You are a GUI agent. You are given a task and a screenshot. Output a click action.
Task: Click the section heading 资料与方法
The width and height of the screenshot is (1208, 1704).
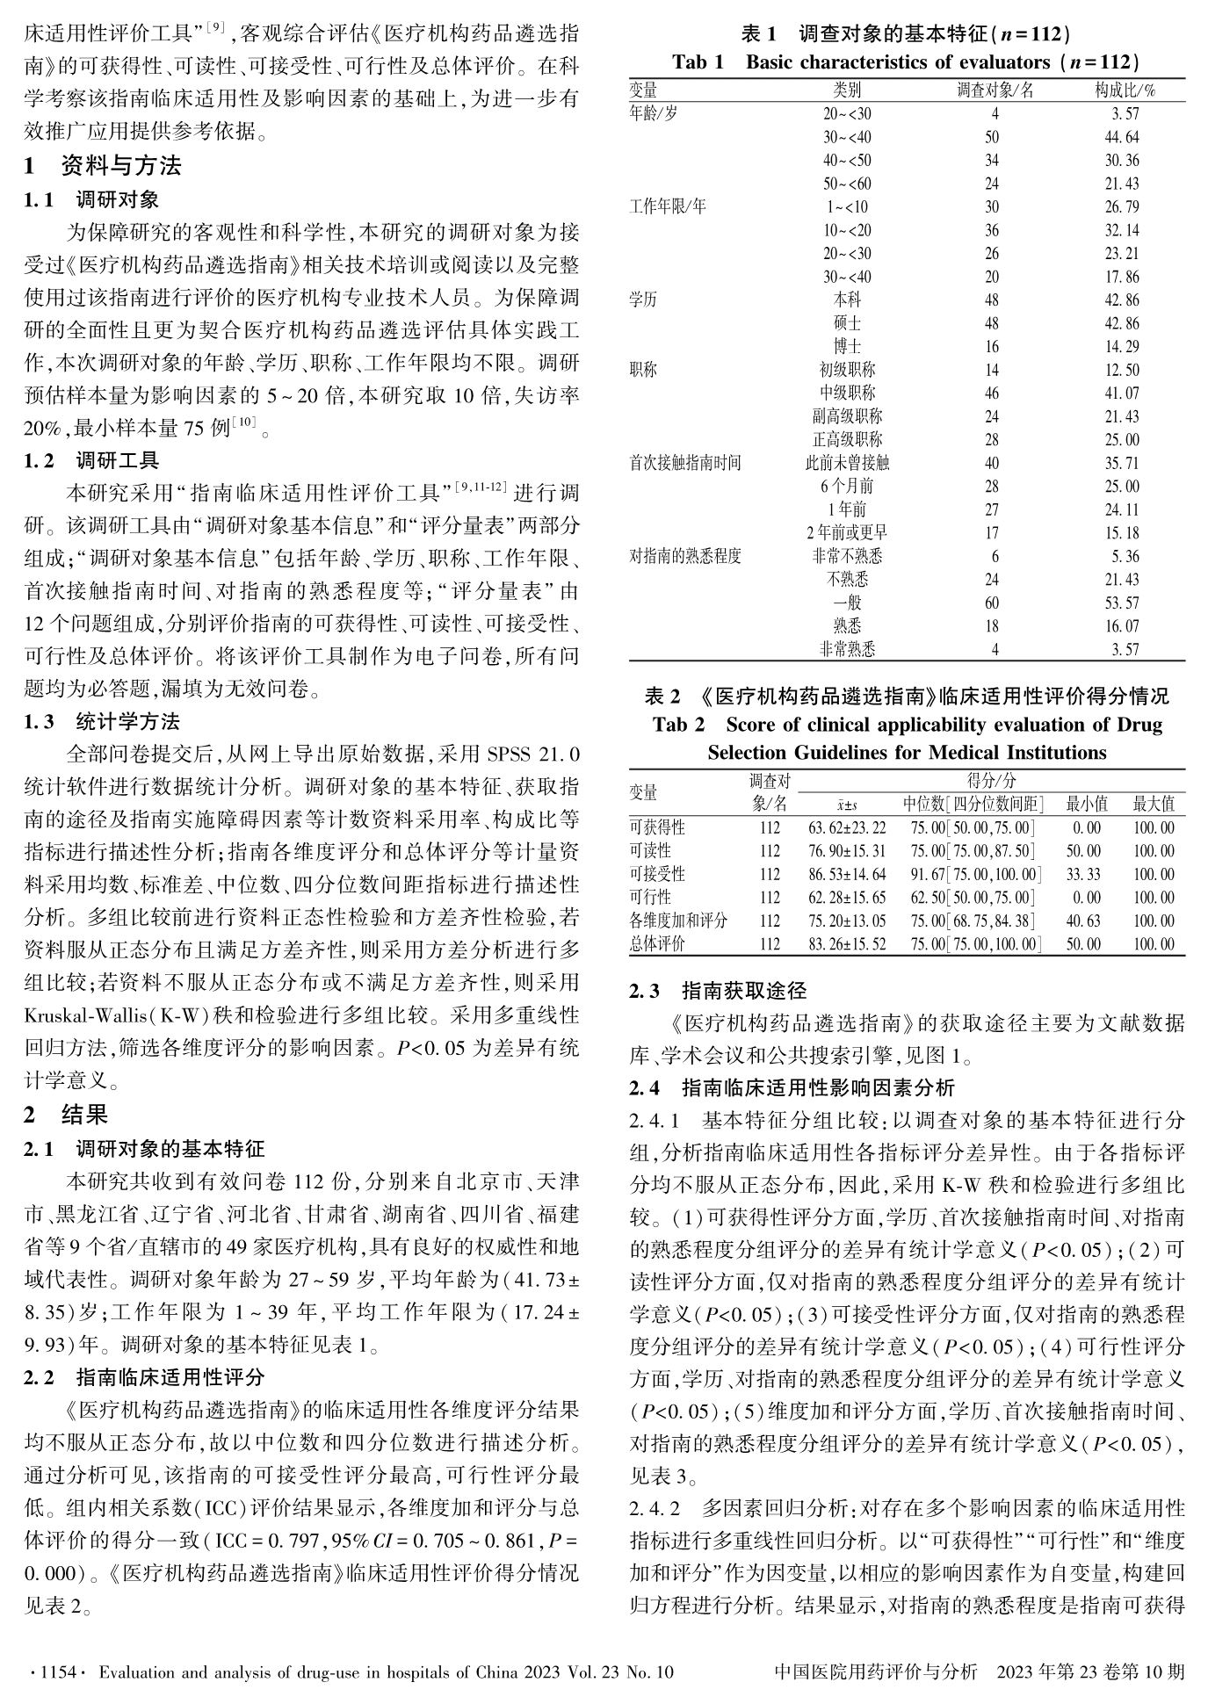(121, 165)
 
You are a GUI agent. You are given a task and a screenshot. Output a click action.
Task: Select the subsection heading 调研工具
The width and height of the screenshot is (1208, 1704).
(118, 460)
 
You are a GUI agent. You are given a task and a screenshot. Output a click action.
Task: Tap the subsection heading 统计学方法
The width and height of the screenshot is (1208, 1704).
(127, 722)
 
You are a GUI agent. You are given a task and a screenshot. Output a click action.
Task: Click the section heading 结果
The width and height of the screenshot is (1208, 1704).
(84, 1115)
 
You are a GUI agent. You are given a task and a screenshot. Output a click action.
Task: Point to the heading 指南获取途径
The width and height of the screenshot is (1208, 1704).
(743, 992)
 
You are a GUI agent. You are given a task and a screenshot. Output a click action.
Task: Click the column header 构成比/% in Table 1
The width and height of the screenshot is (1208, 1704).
(1125, 90)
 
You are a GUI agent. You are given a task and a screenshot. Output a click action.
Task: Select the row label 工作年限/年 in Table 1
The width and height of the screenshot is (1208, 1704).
(668, 207)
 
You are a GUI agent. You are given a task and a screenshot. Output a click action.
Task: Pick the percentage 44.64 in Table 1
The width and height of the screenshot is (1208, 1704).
(1122, 137)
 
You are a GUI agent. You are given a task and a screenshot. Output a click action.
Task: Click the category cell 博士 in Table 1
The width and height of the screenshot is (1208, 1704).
(847, 346)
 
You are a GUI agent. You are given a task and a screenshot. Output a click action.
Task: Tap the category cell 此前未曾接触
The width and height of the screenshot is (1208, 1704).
(847, 463)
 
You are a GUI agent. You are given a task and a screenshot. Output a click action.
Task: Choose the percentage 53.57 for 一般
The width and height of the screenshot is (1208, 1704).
(1122, 603)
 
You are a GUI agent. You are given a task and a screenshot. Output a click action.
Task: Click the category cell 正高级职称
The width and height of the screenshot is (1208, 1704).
(847, 439)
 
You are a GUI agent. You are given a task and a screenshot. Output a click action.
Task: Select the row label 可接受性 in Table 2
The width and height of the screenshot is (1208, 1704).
(657, 874)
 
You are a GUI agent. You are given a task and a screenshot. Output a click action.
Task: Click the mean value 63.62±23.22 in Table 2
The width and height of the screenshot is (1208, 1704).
(847, 827)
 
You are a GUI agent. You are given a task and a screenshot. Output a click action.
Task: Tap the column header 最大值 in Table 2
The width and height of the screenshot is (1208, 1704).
(1153, 803)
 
